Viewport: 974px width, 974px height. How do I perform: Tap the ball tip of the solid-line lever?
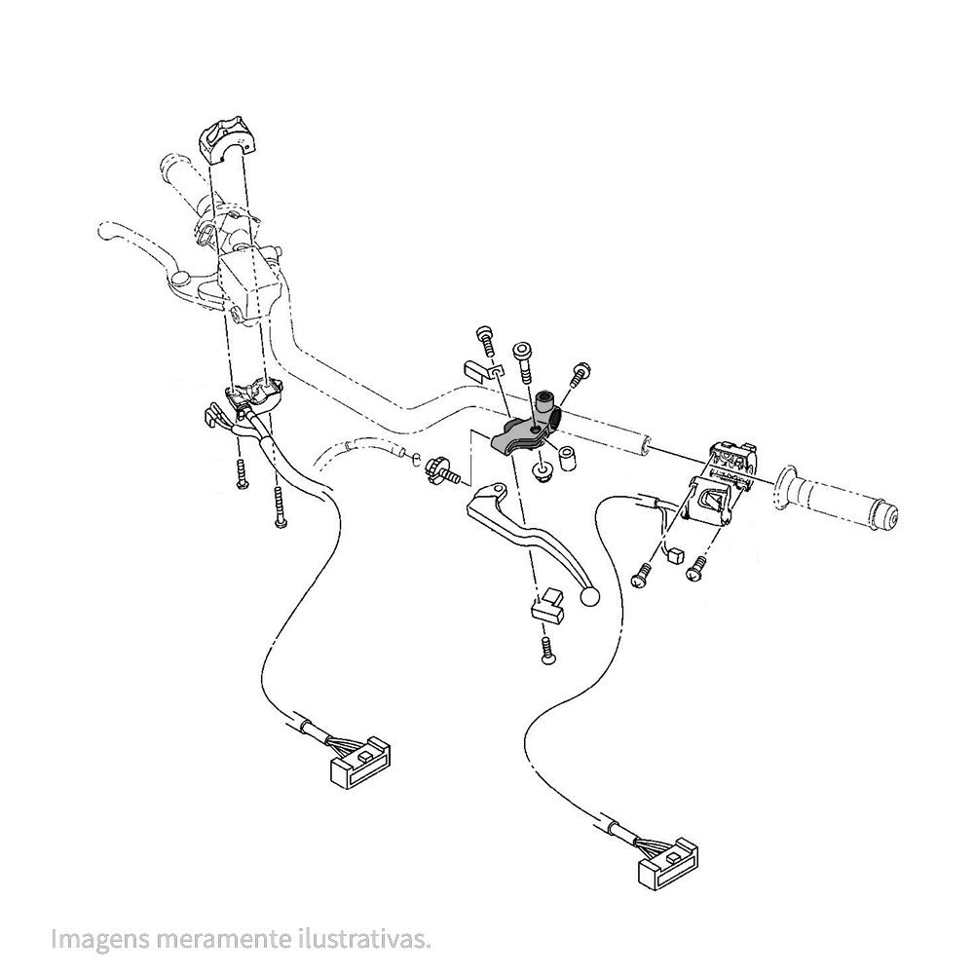589,597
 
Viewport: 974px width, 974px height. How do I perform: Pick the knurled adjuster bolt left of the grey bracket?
441,469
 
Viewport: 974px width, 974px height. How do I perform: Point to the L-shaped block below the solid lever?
547,605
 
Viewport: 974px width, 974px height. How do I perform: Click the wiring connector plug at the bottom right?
668,864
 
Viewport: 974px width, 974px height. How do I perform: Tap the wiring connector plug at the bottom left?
359,763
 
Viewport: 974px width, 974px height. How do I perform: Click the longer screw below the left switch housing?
281,506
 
